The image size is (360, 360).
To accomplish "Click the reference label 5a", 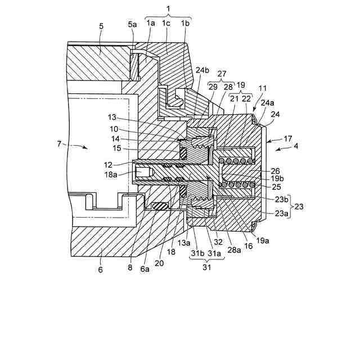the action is click(132, 24).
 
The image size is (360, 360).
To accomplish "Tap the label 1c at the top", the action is click(166, 23).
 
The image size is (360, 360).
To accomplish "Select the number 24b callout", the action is click(202, 70).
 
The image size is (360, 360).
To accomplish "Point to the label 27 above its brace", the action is click(222, 74).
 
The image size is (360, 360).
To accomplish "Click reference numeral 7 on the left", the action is click(59, 144).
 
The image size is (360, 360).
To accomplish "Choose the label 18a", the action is click(111, 175).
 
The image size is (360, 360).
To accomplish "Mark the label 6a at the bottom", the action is click(145, 269).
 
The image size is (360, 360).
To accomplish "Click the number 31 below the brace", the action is click(206, 267).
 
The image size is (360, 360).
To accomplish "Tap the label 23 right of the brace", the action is click(299, 206).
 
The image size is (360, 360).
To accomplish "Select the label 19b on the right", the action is click(277, 178).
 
